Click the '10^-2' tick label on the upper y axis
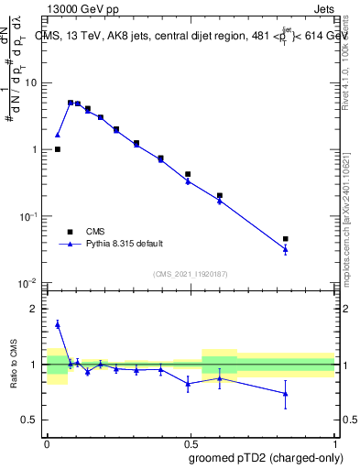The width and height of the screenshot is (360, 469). click(x=28, y=282)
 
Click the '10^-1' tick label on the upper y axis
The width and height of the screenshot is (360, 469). click(x=28, y=215)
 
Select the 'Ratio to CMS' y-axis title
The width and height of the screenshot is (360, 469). click(x=14, y=365)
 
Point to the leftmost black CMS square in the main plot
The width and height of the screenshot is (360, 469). click(x=57, y=149)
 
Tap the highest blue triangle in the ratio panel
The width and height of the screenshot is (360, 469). click(x=57, y=324)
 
